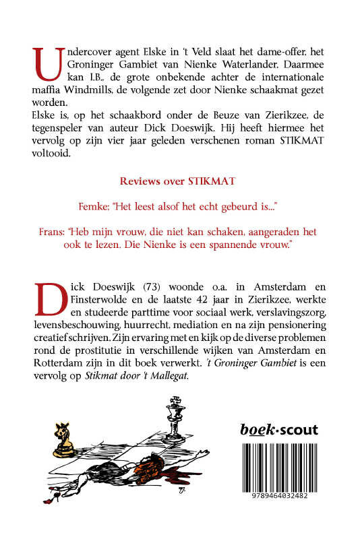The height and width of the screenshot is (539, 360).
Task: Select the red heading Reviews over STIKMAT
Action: [x=180, y=182]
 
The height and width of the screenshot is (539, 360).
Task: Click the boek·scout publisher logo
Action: [x=279, y=430]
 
